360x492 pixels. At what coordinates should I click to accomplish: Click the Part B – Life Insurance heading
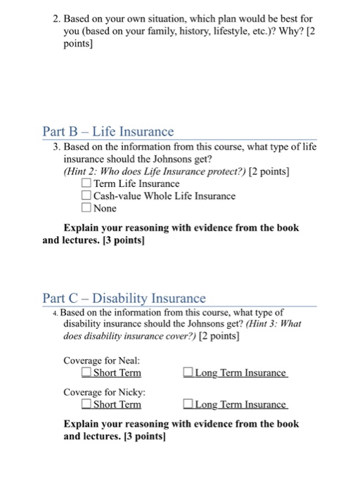pyautogui.click(x=108, y=131)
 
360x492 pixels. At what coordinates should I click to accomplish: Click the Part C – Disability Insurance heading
pyautogui.click(x=124, y=298)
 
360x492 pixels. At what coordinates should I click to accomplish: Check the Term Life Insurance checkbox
pyautogui.click(x=86, y=184)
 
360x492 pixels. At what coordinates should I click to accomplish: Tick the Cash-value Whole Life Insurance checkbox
pyautogui.click(x=86, y=196)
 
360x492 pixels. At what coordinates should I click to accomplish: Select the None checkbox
pyautogui.click(x=86, y=208)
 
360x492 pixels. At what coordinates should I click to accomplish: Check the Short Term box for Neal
pyautogui.click(x=86, y=373)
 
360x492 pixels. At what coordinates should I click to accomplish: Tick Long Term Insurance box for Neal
pyautogui.click(x=188, y=373)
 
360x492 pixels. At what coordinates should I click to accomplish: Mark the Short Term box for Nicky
pyautogui.click(x=86, y=404)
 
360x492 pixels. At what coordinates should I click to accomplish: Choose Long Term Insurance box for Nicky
pyautogui.click(x=188, y=404)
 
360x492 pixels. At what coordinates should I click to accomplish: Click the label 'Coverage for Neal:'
pyautogui.click(x=97, y=360)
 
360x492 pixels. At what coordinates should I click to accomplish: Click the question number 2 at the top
pyautogui.click(x=56, y=14)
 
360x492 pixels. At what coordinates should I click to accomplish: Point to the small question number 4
pyautogui.click(x=56, y=312)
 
